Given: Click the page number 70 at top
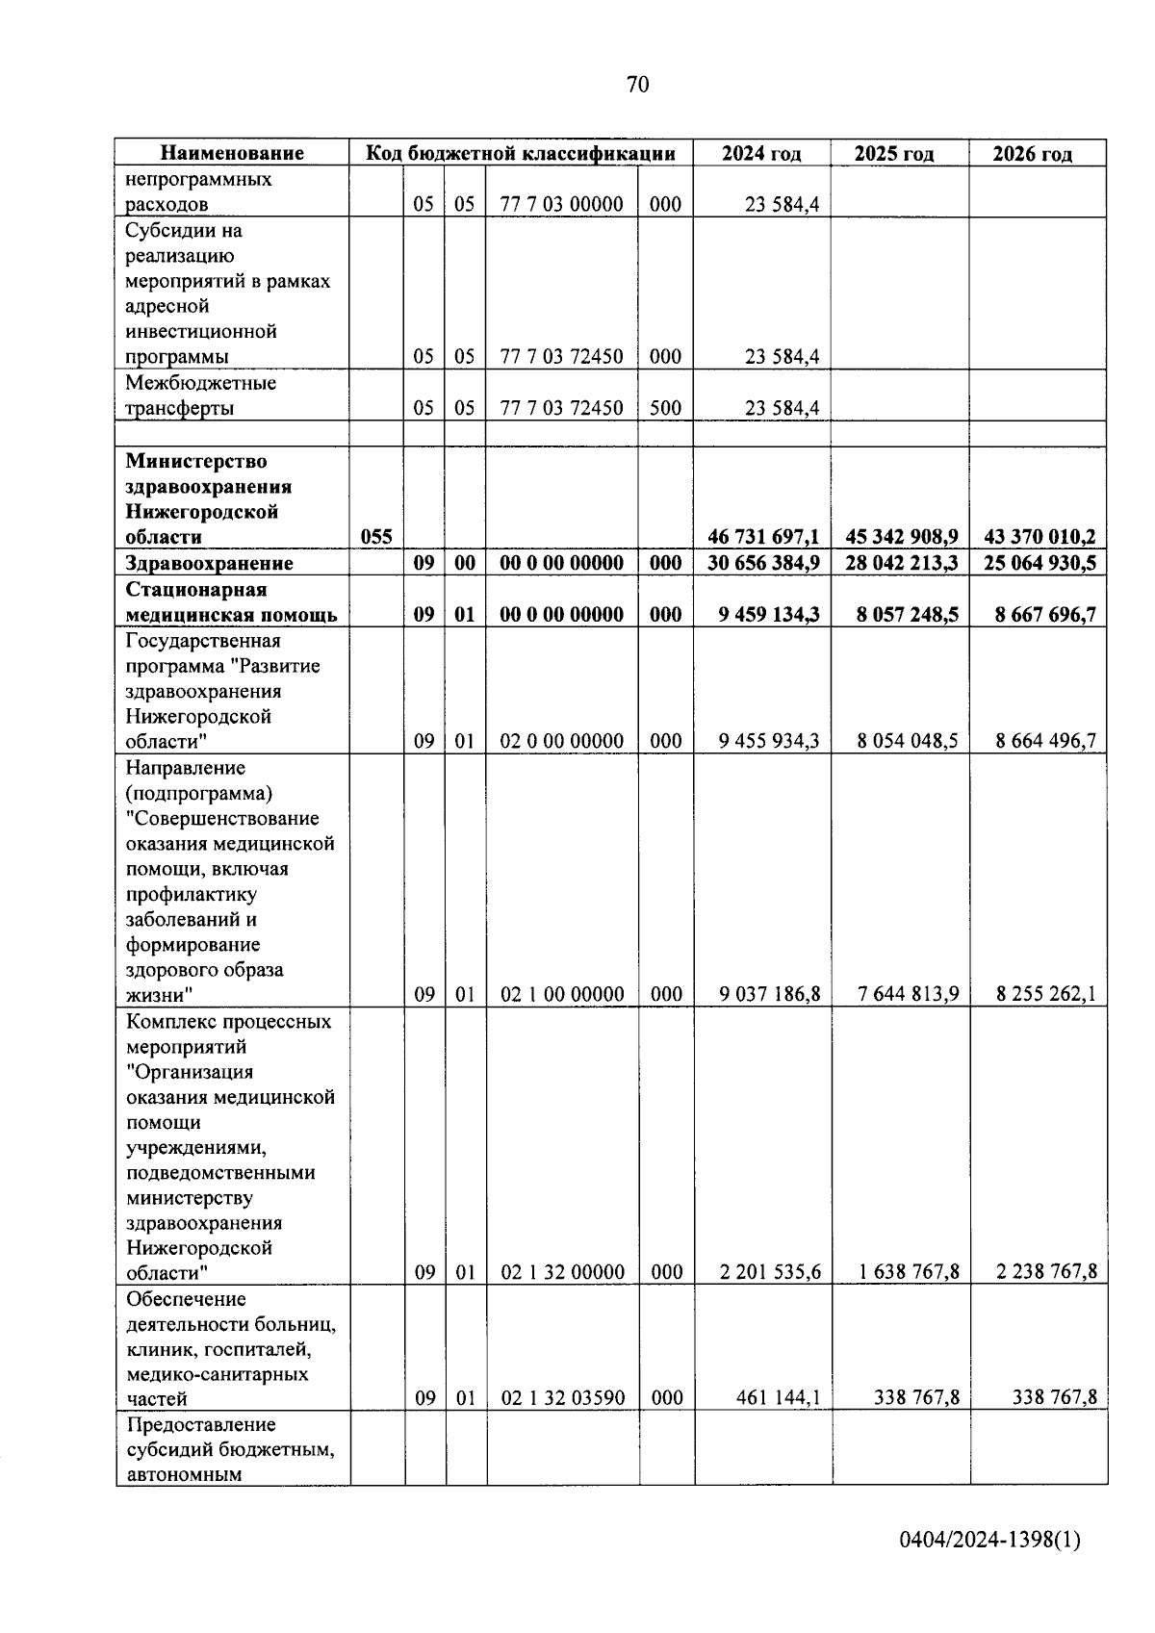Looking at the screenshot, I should [x=637, y=85].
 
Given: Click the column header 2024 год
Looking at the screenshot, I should [x=761, y=154].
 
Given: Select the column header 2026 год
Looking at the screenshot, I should [x=1033, y=154].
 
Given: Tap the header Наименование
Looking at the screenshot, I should [x=232, y=153].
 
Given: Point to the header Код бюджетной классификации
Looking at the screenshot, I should [x=520, y=153].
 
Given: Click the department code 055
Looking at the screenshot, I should [x=376, y=537].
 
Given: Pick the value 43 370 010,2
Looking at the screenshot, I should [x=1039, y=537].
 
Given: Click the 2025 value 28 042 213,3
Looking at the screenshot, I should [x=902, y=563].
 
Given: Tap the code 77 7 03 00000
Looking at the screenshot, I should [x=561, y=204].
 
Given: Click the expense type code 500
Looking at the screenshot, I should [x=665, y=408].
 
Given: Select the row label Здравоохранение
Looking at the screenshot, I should [x=209, y=563].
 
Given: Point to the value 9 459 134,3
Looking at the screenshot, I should [x=769, y=614].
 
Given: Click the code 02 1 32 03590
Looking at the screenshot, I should [x=562, y=1398].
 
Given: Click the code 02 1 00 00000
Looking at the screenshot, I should [x=562, y=994].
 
